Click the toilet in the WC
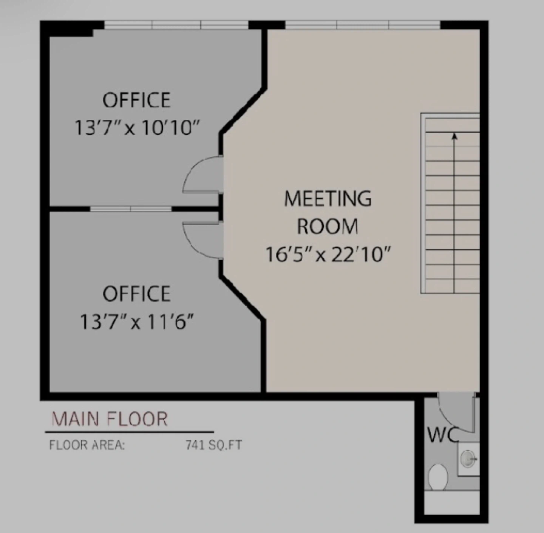pos(438,477)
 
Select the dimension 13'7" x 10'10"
pos(137,128)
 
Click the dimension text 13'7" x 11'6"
pos(137,322)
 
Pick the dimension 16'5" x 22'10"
pos(328,254)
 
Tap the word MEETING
pos(328,198)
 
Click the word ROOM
pos(328,226)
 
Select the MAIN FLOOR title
pos(110,419)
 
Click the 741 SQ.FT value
pos(214,445)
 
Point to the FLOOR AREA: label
pos(87,445)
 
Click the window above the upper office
pos(176,25)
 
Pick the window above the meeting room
pos(363,25)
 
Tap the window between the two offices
pos(131,209)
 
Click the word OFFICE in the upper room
pos(137,100)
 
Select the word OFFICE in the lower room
pos(137,294)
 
